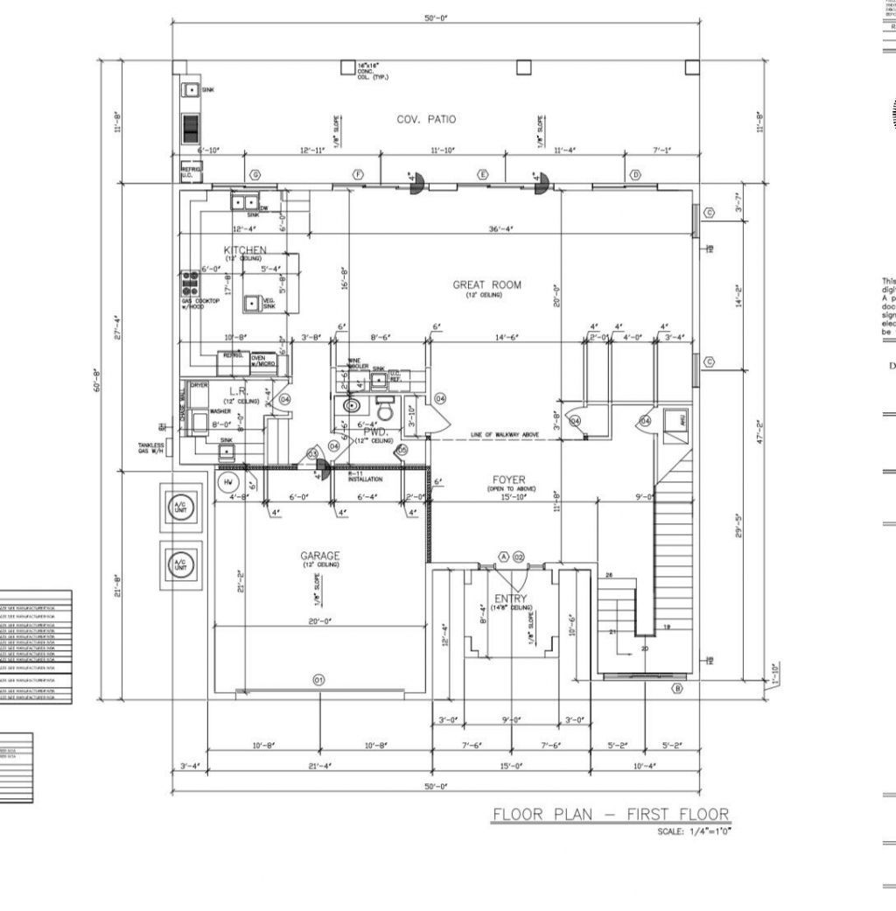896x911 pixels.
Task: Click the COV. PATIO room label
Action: pyautogui.click(x=426, y=120)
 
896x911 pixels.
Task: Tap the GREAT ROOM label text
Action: pyautogui.click(x=486, y=284)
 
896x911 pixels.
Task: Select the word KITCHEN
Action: pyautogui.click(x=245, y=250)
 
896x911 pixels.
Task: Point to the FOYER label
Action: pyautogui.click(x=508, y=480)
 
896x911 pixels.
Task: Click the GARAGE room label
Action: pyautogui.click(x=320, y=556)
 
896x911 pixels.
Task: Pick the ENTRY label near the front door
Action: pyautogui.click(x=511, y=599)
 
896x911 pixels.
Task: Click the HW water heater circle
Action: pyautogui.click(x=228, y=482)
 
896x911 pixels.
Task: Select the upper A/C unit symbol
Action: pyautogui.click(x=180, y=509)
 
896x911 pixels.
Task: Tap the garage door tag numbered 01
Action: pyautogui.click(x=318, y=679)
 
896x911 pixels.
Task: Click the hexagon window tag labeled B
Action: pyautogui.click(x=676, y=689)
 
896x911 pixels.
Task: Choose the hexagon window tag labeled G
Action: pyautogui.click(x=255, y=175)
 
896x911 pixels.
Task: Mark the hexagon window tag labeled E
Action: pyautogui.click(x=482, y=175)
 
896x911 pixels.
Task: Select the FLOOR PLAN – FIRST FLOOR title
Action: pyautogui.click(x=611, y=815)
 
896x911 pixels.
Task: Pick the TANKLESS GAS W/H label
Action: pyautogui.click(x=150, y=448)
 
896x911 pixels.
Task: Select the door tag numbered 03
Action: pyautogui.click(x=312, y=453)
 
